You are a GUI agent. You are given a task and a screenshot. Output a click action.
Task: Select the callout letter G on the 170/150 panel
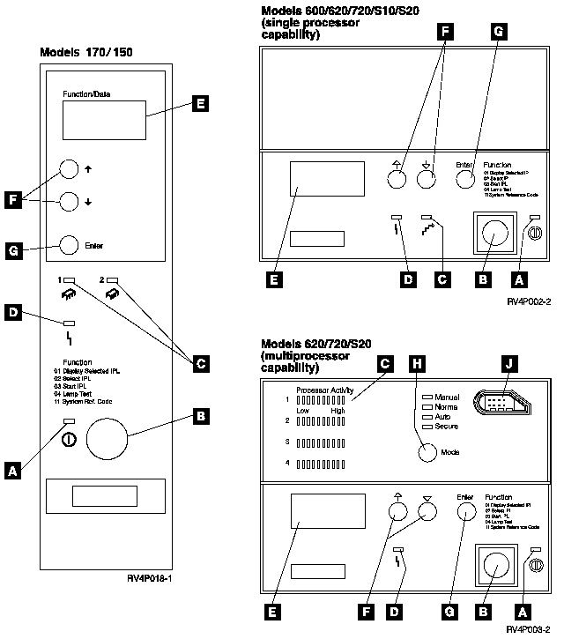tap(13, 252)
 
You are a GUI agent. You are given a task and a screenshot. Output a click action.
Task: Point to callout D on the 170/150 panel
tap(13, 313)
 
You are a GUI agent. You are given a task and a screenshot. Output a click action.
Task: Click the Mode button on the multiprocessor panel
tap(426, 453)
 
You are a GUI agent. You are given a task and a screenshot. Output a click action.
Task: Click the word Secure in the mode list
tap(446, 427)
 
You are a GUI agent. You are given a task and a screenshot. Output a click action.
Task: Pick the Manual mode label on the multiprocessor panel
tap(446, 398)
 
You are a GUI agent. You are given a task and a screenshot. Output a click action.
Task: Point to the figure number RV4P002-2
tap(529, 301)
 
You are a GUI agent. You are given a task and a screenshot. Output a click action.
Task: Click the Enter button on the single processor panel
tap(466, 179)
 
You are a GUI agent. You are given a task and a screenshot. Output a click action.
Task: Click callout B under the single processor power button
tap(482, 279)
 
